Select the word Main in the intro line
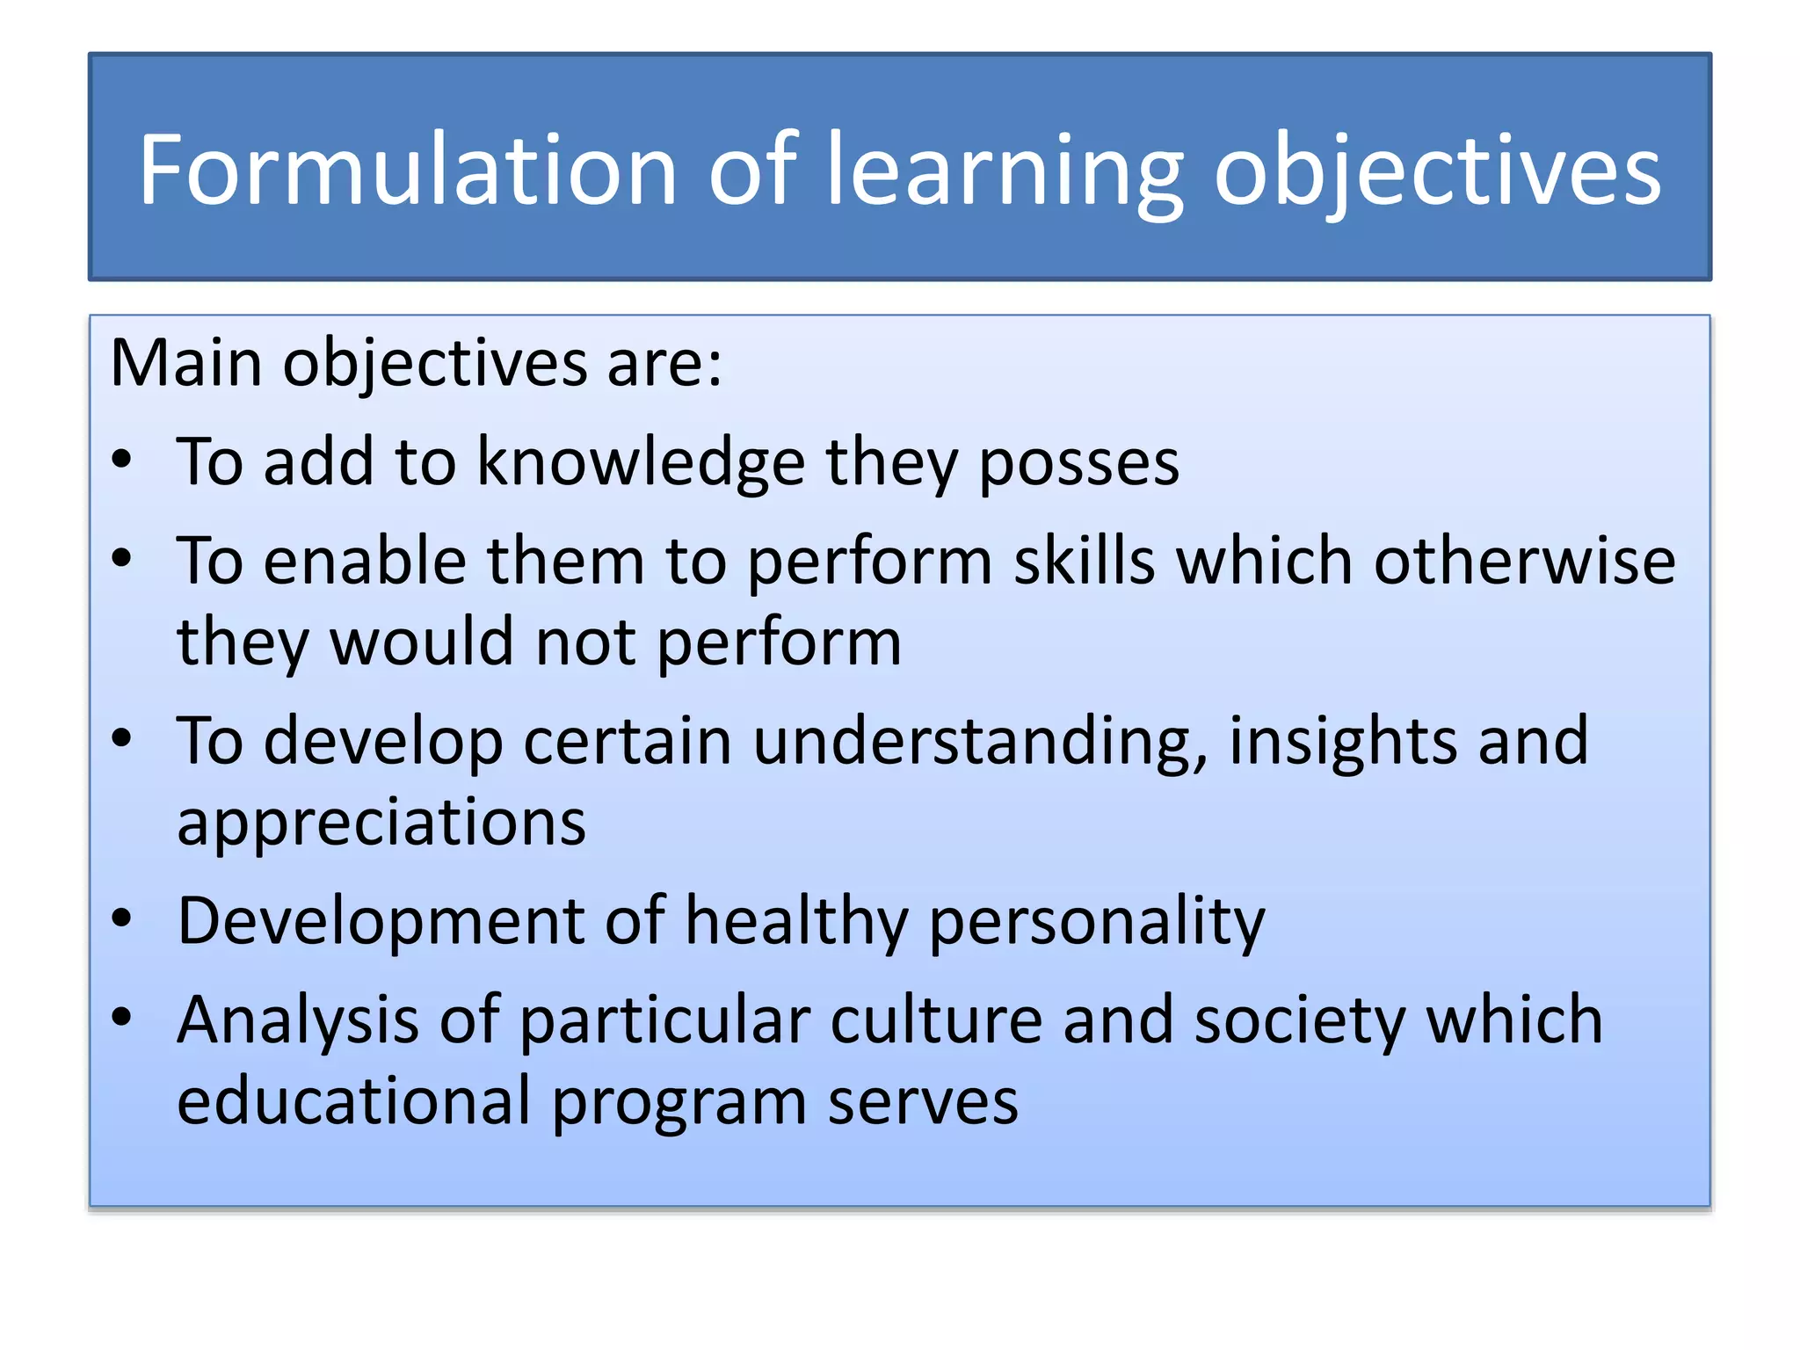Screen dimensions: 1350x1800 pyautogui.click(x=185, y=362)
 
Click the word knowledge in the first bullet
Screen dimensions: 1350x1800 pyautogui.click(x=641, y=462)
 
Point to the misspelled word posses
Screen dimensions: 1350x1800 pyautogui.click(x=1078, y=462)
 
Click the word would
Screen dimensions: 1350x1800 pyautogui.click(x=421, y=642)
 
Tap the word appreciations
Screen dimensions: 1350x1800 pyautogui.click(x=381, y=823)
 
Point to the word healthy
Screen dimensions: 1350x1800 pyautogui.click(x=796, y=921)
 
